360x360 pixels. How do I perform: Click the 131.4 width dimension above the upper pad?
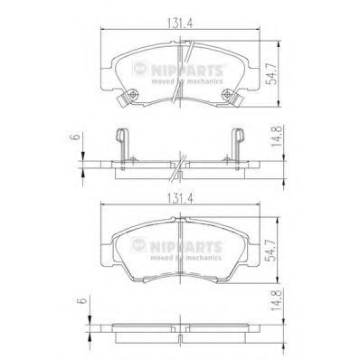point(180,24)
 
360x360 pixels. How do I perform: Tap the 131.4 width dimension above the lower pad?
point(180,199)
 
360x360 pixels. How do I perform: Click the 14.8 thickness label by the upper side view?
point(276,137)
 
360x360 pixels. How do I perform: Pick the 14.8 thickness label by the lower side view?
point(276,300)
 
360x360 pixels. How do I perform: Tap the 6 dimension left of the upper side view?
point(75,137)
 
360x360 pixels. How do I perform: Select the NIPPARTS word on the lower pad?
point(185,247)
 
